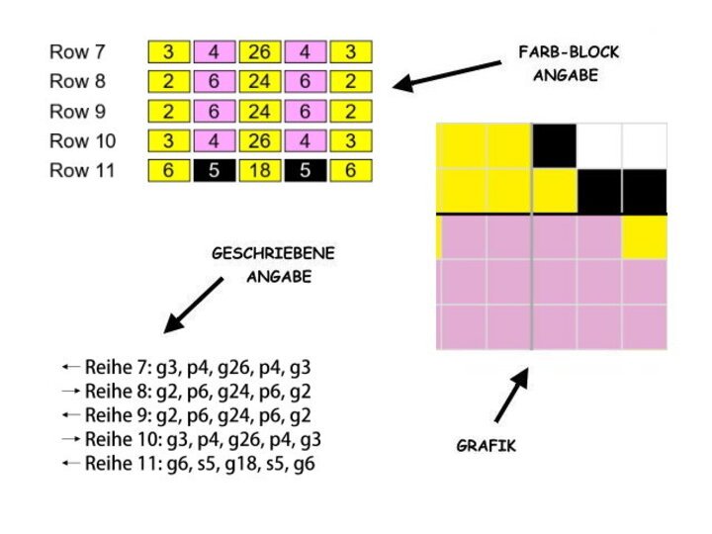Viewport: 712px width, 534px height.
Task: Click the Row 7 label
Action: [81, 50]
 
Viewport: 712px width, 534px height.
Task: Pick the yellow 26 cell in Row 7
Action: [259, 51]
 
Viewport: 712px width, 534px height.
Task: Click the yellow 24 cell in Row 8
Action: [259, 81]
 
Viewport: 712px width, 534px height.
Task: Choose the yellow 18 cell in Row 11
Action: [259, 171]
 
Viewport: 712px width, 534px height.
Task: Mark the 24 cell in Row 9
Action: [259, 111]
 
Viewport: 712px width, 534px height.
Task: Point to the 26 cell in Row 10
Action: [259, 140]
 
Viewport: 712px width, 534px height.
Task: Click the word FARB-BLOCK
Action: [569, 52]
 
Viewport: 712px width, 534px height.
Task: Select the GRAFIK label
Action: [486, 446]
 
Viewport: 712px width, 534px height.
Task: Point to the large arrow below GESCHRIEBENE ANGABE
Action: [195, 304]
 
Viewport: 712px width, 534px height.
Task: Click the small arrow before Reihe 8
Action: [71, 391]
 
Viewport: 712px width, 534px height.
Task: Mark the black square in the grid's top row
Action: [555, 145]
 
